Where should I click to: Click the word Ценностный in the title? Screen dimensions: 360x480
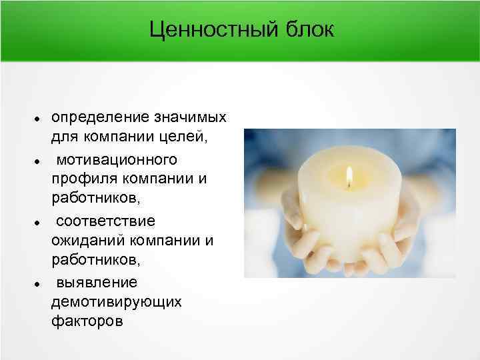tap(205, 30)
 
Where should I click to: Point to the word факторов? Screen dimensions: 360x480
tap(87, 321)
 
